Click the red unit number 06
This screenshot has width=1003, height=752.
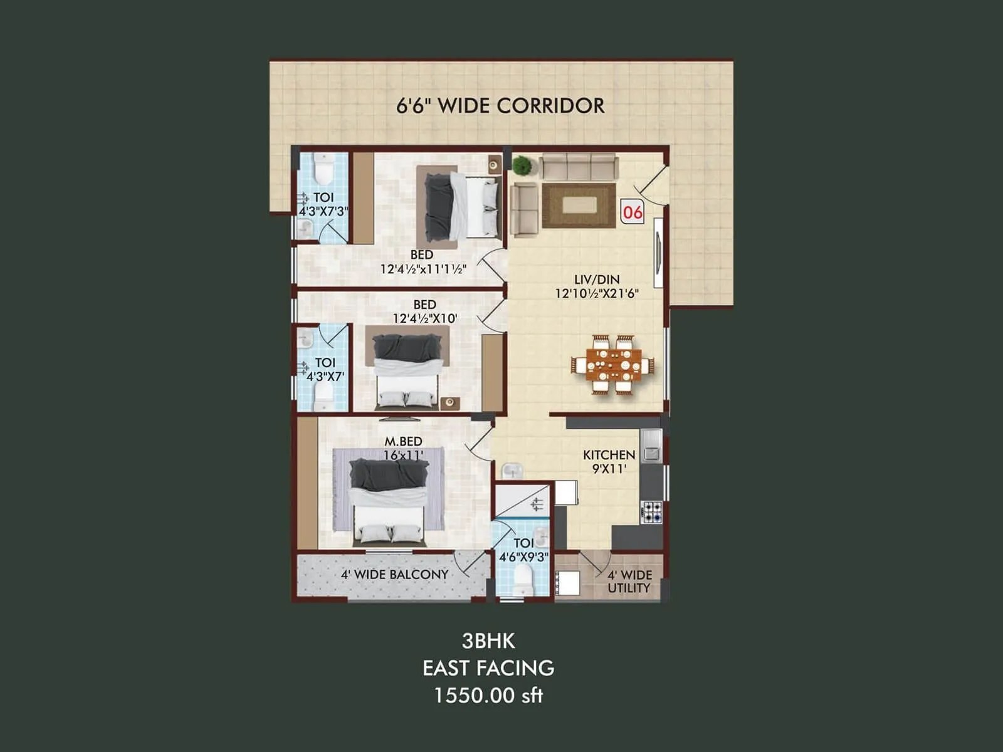tap(632, 212)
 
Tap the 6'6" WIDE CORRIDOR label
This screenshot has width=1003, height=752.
tap(500, 105)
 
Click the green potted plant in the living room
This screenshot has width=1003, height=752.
tap(522, 166)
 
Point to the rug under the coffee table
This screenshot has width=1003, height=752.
tap(579, 206)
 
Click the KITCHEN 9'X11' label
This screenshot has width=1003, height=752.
tap(609, 461)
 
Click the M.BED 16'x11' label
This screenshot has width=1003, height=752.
tap(403, 448)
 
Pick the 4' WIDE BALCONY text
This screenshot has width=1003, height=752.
tap(394, 574)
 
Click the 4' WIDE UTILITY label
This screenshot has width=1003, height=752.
tap(629, 581)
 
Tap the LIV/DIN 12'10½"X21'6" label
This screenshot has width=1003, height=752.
tap(596, 286)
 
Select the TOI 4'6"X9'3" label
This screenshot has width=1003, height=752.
tap(523, 550)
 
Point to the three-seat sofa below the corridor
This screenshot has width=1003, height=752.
tap(579, 167)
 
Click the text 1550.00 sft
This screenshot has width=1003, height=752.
tap(488, 695)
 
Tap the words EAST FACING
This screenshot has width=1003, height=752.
tap(488, 668)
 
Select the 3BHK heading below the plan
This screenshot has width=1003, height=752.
tap(488, 640)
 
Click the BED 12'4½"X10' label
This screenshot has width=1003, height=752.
tap(424, 311)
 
